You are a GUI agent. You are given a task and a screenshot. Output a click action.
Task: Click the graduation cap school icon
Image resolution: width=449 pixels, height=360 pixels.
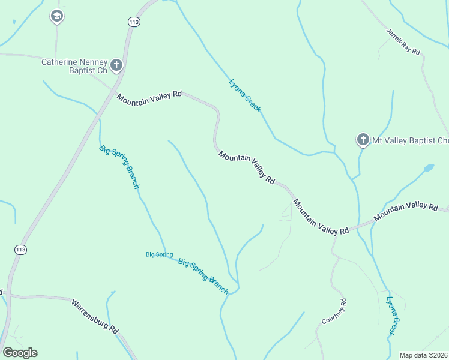tap(56, 16)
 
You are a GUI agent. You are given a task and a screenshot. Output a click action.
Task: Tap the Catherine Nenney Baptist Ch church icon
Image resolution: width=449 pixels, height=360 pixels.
tap(116, 65)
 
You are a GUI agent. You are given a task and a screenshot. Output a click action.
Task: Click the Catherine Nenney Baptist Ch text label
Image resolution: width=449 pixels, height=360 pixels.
tap(74, 66)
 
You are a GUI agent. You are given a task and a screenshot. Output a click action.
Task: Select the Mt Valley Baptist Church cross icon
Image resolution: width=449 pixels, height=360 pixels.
tap(363, 140)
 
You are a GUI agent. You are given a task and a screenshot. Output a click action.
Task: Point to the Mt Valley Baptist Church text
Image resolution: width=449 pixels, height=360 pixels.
tap(411, 141)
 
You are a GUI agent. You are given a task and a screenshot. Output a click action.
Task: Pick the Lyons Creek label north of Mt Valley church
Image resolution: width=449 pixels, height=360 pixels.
tap(244, 95)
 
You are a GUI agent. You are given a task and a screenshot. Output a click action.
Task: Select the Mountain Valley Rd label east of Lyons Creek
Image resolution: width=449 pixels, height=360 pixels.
tap(406, 212)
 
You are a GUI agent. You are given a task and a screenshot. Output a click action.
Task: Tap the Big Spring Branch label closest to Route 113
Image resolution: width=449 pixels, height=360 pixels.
tap(119, 167)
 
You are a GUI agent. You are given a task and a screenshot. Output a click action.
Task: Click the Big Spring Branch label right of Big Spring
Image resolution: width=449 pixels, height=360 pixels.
tap(203, 276)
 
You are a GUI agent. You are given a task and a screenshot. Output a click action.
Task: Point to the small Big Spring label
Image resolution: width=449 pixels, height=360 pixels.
tap(159, 254)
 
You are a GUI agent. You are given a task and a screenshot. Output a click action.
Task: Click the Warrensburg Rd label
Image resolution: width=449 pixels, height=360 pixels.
tap(95, 316)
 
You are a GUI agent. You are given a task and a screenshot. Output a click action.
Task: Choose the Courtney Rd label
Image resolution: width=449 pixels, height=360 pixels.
tap(334, 311)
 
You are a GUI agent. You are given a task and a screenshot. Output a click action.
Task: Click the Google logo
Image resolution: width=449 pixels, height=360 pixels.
tap(20, 353)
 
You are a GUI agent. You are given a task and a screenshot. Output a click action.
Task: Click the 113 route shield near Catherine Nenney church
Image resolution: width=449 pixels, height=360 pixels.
tap(134, 22)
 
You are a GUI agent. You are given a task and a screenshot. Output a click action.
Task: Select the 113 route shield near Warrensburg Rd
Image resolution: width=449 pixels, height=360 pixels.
tap(21, 249)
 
